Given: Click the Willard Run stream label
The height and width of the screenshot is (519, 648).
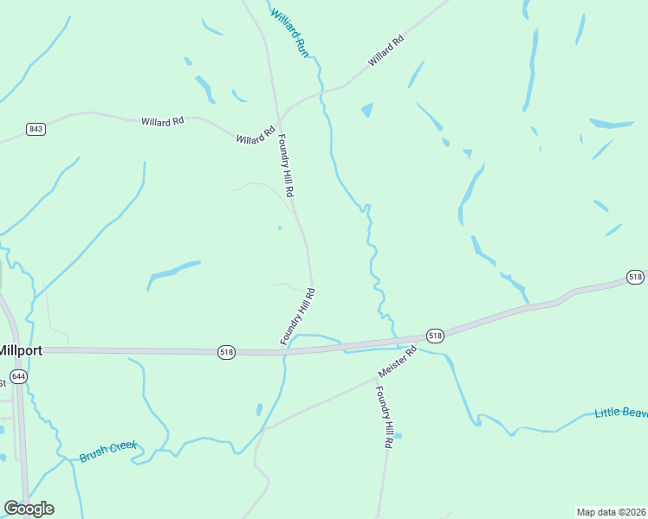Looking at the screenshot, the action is click(x=289, y=32).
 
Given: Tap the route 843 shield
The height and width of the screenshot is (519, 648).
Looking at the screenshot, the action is click(x=36, y=129).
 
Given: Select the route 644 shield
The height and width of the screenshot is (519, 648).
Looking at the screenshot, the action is click(x=19, y=377).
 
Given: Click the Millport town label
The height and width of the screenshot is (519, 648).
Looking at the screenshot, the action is click(x=15, y=351).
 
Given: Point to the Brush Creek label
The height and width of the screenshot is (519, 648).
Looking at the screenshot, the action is click(x=108, y=451).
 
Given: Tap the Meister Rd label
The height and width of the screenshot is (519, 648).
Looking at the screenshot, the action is click(x=397, y=362).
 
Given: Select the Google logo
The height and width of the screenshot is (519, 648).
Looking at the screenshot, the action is click(x=29, y=509).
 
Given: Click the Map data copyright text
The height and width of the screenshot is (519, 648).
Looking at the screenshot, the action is click(x=611, y=511).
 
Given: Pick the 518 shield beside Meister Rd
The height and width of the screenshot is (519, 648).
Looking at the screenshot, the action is click(x=435, y=336).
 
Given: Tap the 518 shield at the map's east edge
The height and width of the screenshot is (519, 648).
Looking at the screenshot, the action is click(x=635, y=277).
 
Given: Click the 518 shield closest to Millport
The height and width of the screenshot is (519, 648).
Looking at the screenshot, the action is click(x=226, y=352).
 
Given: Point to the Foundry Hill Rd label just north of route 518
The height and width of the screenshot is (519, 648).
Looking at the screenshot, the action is click(x=297, y=317).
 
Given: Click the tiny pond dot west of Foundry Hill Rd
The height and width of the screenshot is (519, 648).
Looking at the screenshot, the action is click(x=279, y=227).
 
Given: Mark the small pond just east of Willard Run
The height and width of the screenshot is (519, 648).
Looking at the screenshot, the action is click(x=367, y=110).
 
